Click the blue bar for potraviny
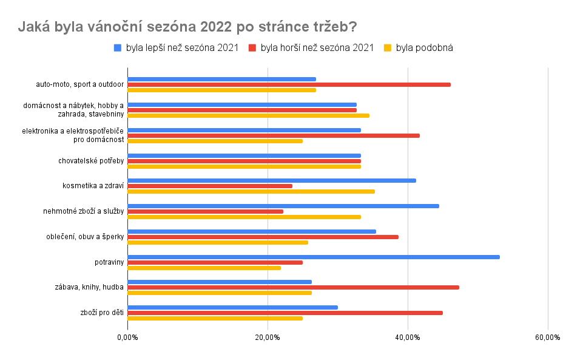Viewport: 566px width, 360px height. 313,257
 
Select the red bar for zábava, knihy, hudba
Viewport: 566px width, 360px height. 293,287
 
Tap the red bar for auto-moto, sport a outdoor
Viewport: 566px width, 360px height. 289,84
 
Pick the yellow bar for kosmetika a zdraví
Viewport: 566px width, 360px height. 251,191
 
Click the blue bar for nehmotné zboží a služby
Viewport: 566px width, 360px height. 283,206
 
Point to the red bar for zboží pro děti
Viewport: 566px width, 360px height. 285,313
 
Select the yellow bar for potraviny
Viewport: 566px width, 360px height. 204,268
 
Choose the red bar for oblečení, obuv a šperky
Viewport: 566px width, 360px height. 263,237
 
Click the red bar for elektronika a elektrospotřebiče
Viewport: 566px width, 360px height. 273,135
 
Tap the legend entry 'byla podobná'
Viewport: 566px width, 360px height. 425,48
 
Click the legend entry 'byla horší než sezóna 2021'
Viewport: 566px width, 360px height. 317,48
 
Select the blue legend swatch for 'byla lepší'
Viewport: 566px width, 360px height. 118,48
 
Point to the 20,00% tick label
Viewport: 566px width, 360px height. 268,338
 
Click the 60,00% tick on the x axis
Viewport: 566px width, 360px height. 548,338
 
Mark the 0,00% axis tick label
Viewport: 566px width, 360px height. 127,338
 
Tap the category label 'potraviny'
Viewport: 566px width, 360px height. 109,262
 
